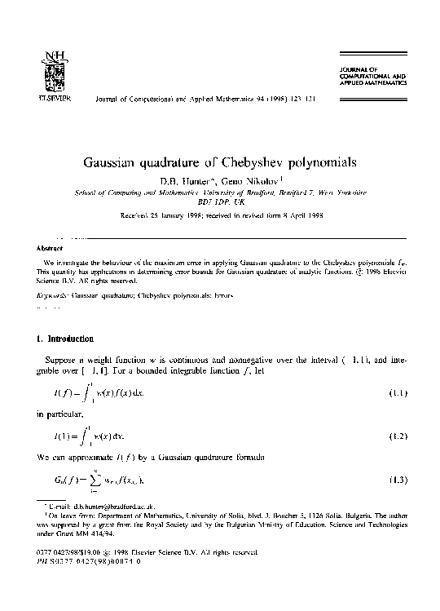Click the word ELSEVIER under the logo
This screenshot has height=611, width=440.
(51, 94)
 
